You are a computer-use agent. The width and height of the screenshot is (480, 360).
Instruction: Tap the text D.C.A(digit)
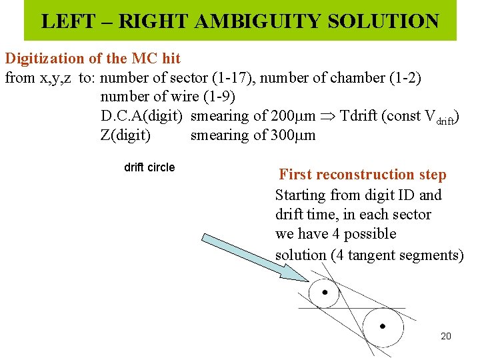pos(141,116)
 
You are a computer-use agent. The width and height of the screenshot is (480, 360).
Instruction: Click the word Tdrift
pos(360,116)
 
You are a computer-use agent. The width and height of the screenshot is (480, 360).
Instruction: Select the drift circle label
pos(149,167)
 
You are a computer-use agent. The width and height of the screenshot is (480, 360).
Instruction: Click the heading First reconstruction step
pos(363,175)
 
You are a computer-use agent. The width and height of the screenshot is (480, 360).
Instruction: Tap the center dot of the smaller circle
pos(325,292)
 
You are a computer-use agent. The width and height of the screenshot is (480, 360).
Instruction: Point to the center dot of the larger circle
pos(382,326)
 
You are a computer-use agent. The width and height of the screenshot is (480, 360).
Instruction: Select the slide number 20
pos(446,336)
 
